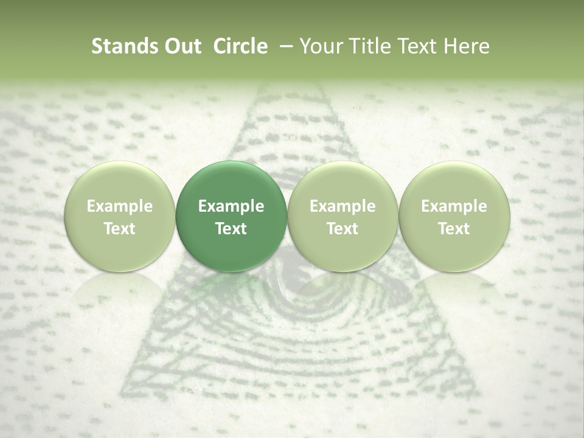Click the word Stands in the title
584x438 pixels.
(123, 46)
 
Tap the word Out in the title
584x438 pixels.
(181, 46)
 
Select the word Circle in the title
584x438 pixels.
(240, 46)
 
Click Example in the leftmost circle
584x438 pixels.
(120, 206)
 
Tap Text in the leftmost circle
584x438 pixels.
(120, 228)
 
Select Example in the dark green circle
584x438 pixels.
(231, 206)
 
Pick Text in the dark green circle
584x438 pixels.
(231, 228)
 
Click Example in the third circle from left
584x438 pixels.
(342, 206)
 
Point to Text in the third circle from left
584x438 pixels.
(342, 228)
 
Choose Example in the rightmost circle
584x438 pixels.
(454, 206)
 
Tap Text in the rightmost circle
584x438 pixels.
(454, 228)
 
